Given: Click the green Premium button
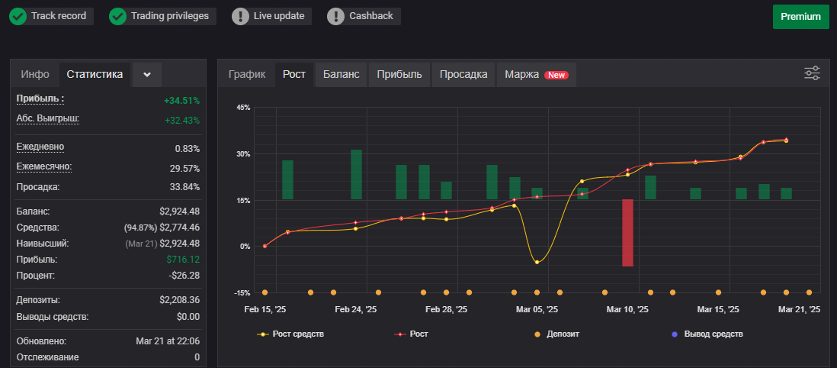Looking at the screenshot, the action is [x=800, y=17].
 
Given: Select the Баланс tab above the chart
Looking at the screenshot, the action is [x=341, y=74].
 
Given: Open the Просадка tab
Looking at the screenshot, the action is [x=463, y=74].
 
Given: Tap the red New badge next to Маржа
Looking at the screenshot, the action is [x=556, y=76].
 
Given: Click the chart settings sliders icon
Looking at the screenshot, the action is [x=812, y=73].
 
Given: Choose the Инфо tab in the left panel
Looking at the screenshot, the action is [x=35, y=74].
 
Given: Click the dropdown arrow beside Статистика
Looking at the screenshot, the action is [x=147, y=74].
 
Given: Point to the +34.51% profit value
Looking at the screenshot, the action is [x=182, y=101].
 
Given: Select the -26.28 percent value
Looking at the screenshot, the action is [x=184, y=276].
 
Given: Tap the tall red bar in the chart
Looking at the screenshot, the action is [x=628, y=233].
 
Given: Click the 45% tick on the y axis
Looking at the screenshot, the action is [x=243, y=108].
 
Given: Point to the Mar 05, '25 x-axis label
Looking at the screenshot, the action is [x=537, y=310].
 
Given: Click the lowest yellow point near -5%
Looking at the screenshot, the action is [x=537, y=262].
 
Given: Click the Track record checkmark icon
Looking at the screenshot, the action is [x=18, y=17].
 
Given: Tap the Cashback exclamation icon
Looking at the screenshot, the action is [x=335, y=17].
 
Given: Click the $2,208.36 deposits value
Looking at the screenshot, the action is [x=179, y=300].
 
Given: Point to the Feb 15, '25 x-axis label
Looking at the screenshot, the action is [x=265, y=310].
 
